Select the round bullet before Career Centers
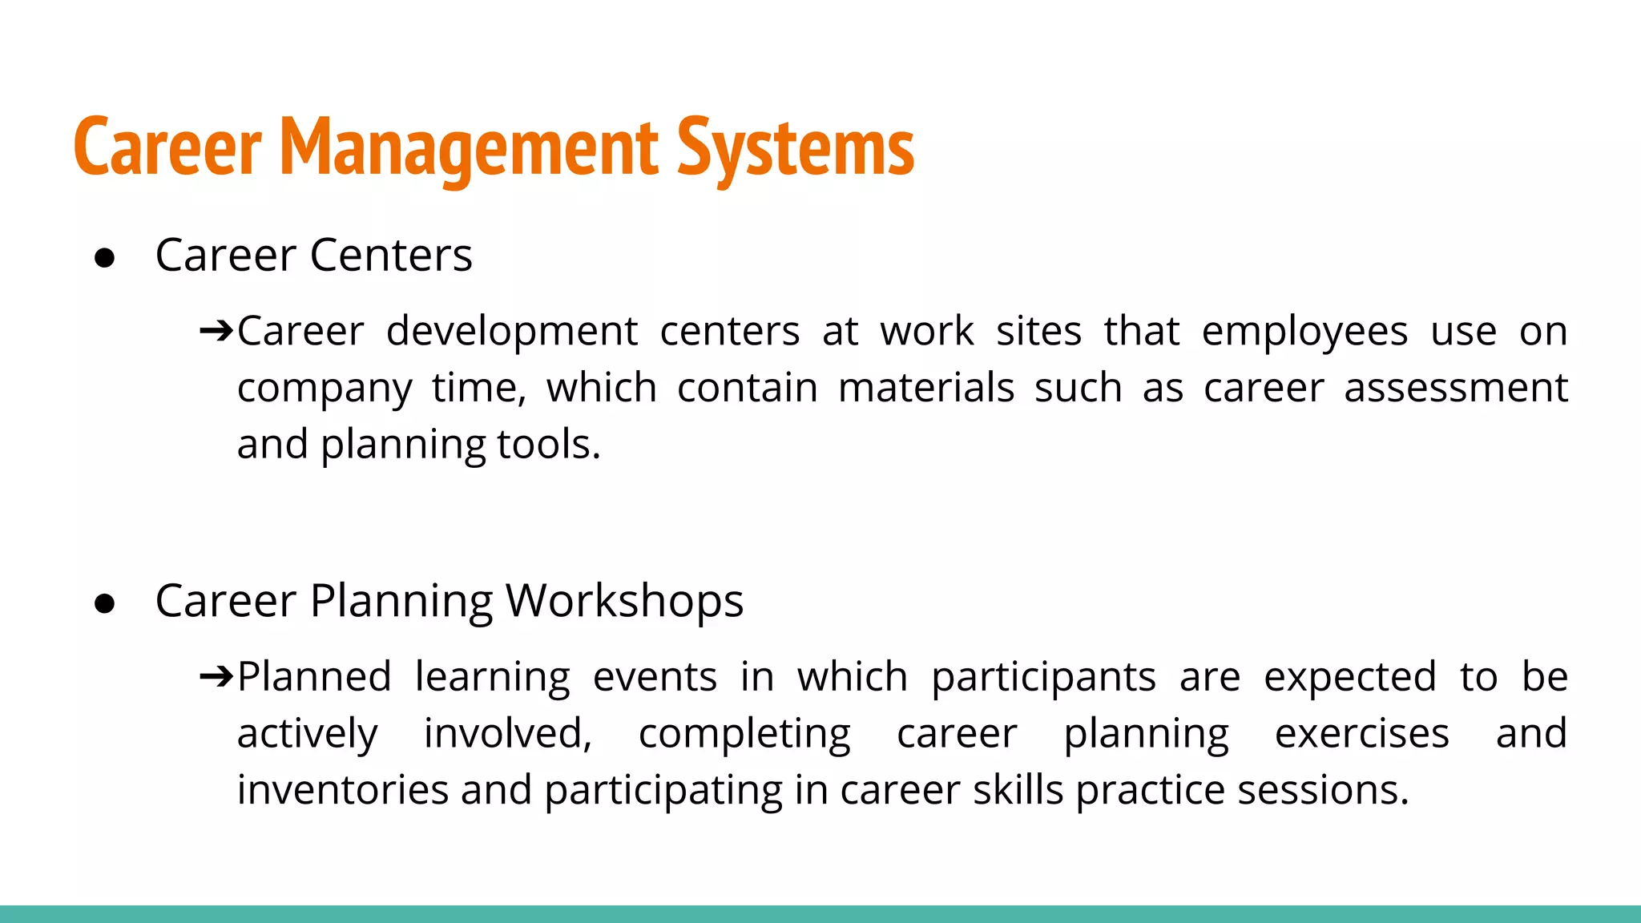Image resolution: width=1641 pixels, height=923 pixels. click(x=105, y=258)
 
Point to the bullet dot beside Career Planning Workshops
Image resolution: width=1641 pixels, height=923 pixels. click(x=105, y=603)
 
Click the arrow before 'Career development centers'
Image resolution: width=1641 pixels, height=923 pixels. click(x=216, y=330)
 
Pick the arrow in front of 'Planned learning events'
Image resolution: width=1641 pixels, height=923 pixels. click(x=216, y=676)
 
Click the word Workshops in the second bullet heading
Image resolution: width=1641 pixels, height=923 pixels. click(x=624, y=601)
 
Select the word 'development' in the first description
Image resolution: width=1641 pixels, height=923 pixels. click(x=512, y=331)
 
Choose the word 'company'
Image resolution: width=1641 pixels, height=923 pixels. click(x=325, y=389)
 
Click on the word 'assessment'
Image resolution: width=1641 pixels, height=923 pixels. click(x=1455, y=388)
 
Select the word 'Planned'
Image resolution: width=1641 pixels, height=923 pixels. click(x=314, y=676)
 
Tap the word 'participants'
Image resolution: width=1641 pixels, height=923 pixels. click(x=1043, y=678)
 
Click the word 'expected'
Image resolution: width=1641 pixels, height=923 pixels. click(x=1350, y=678)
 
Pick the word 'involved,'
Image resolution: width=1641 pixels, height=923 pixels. click(x=508, y=734)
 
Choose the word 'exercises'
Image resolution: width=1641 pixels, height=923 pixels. click(x=1361, y=734)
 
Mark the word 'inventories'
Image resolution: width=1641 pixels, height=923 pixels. click(x=342, y=790)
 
